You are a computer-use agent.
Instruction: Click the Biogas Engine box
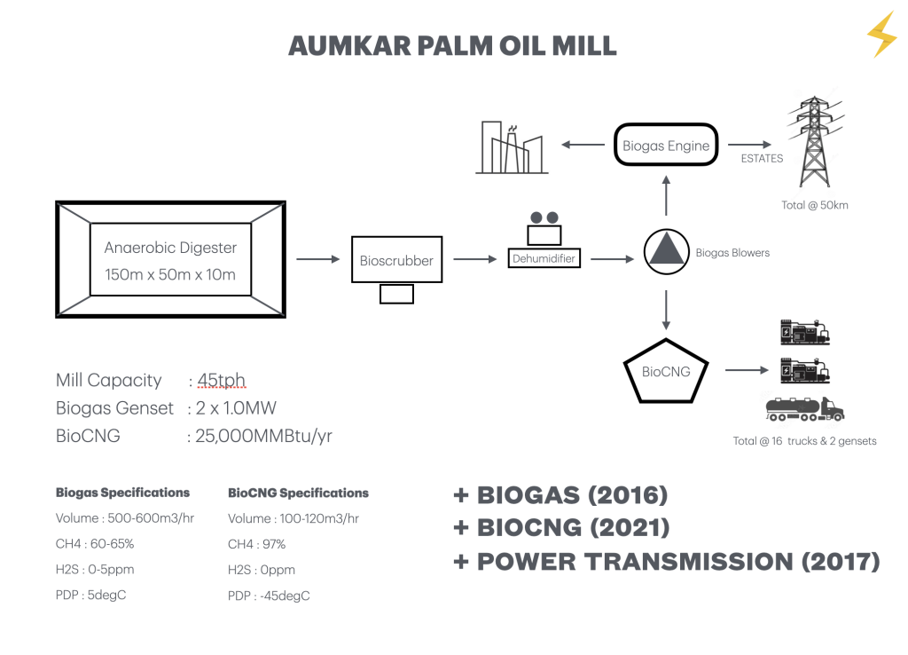666,146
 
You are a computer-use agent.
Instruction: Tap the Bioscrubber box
396,260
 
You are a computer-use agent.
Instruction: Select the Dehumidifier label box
544,259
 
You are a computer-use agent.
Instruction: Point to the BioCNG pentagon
666,371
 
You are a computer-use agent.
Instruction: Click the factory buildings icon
512,147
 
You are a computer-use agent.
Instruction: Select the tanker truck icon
804,408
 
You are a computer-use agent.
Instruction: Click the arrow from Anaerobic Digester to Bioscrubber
317,259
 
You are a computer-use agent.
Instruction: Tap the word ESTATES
762,159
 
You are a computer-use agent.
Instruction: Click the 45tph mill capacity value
221,381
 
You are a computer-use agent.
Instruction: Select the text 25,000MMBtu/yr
264,436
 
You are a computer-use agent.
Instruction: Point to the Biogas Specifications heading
122,493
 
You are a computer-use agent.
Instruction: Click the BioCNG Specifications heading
298,493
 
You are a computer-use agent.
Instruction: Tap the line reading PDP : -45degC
269,596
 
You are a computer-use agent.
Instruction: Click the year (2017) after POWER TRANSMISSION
834,562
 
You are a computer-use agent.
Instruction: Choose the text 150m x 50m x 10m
170,274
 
